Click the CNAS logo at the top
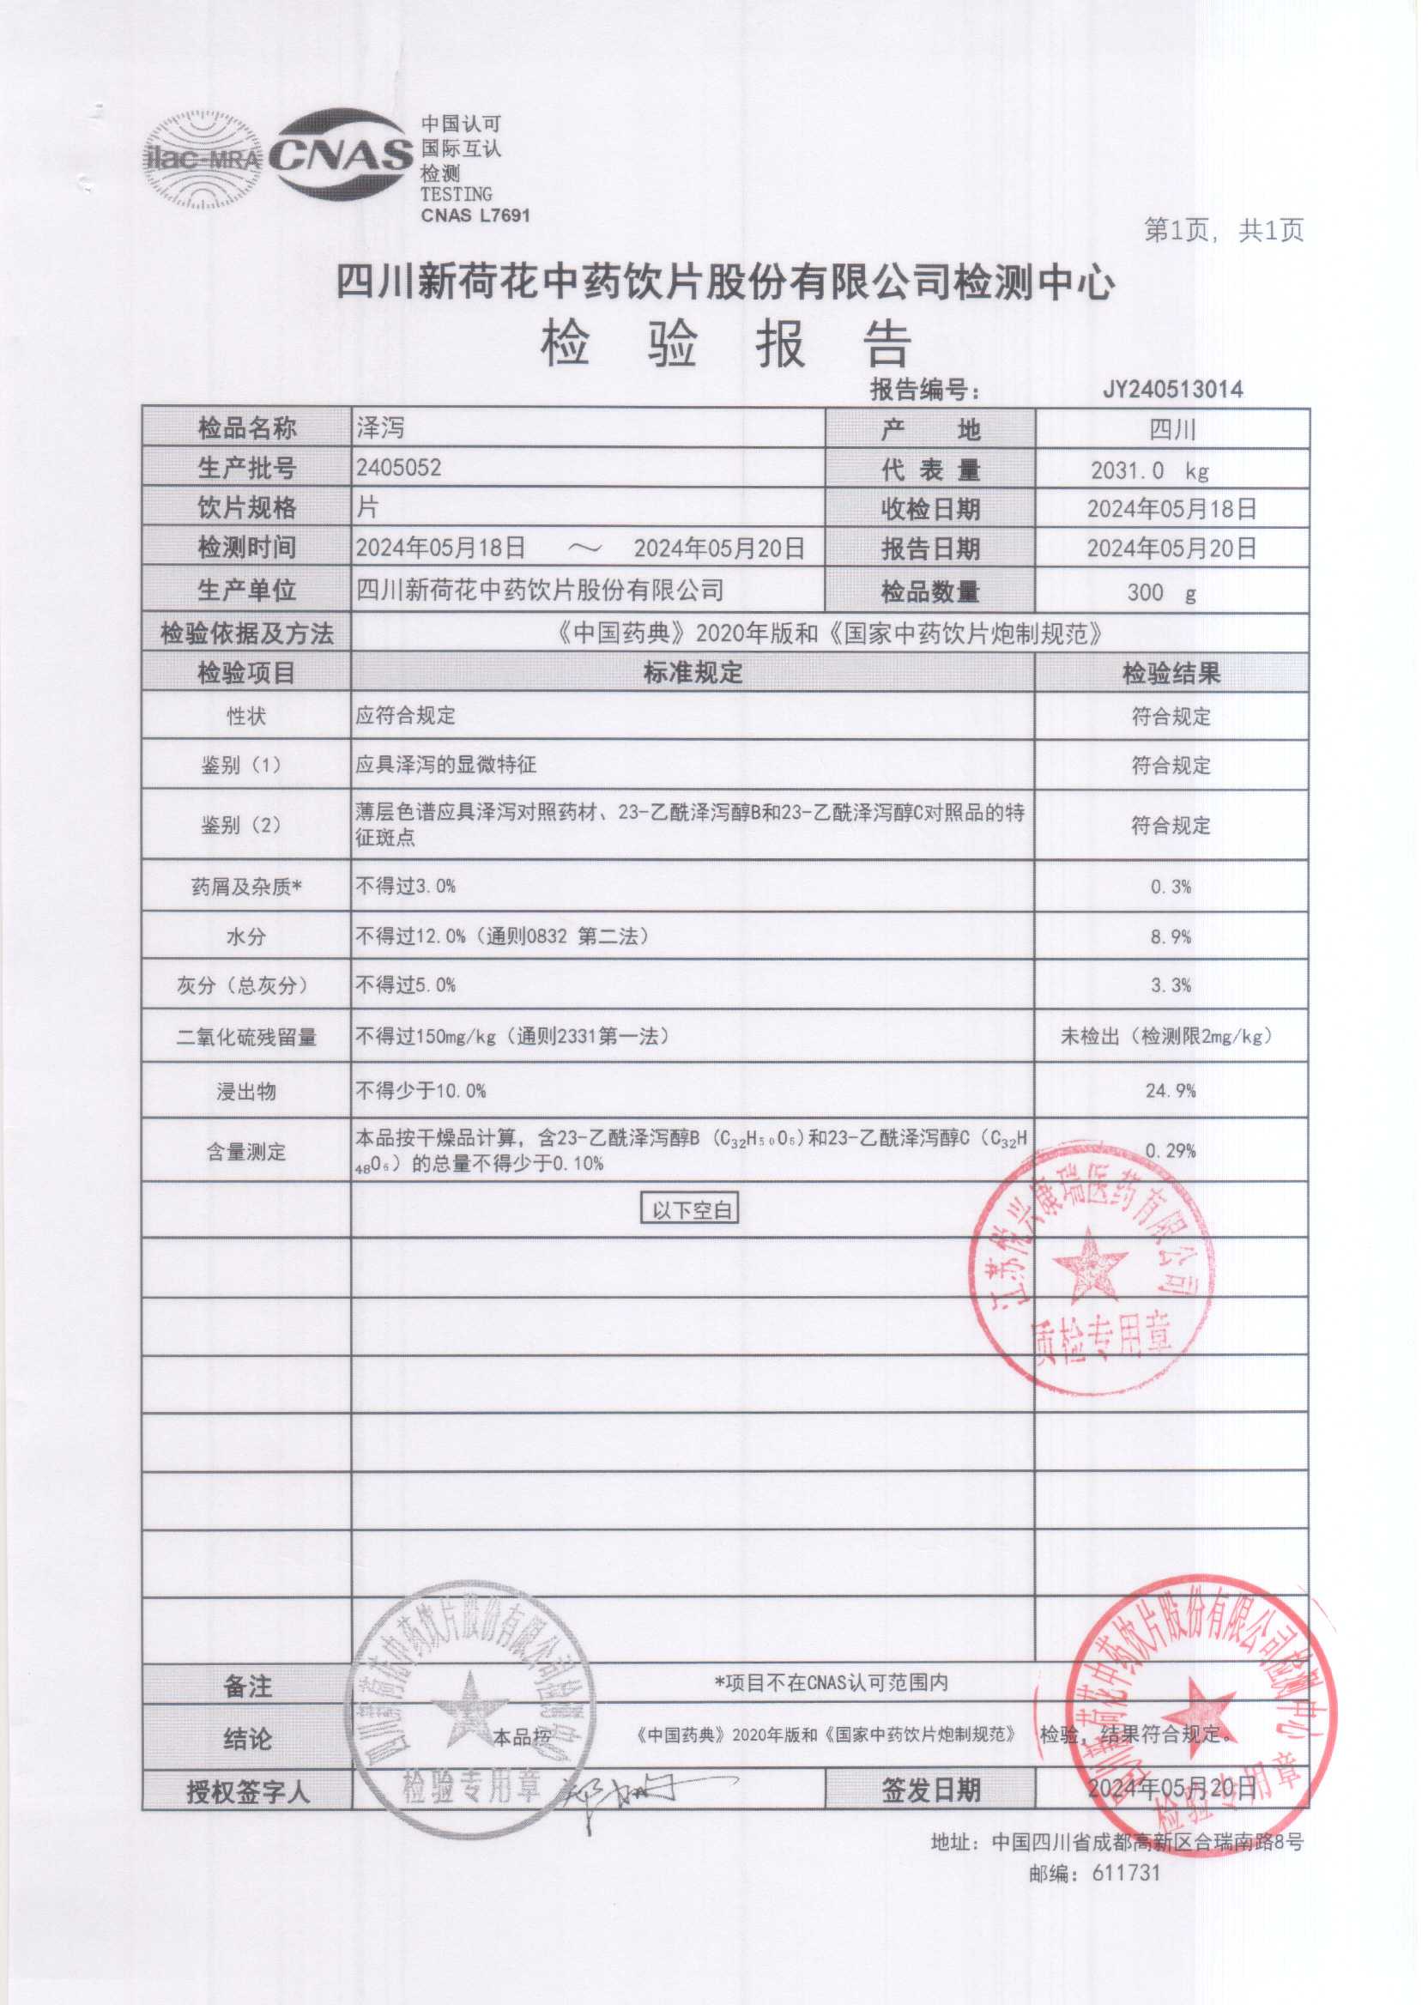pos(342,156)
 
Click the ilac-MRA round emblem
pos(203,159)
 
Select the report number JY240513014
pos(1172,390)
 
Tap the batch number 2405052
pos(398,468)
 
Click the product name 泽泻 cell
pos(381,428)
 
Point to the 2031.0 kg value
pos(1149,470)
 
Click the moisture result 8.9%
pos(1171,936)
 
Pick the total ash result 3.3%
pos(1171,985)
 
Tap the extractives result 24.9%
pos(1171,1090)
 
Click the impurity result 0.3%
pos(1171,887)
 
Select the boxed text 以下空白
pos(690,1210)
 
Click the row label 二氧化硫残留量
pos(246,1037)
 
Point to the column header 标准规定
pos(693,674)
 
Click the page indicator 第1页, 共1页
pos(1223,230)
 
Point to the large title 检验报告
pos(726,343)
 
